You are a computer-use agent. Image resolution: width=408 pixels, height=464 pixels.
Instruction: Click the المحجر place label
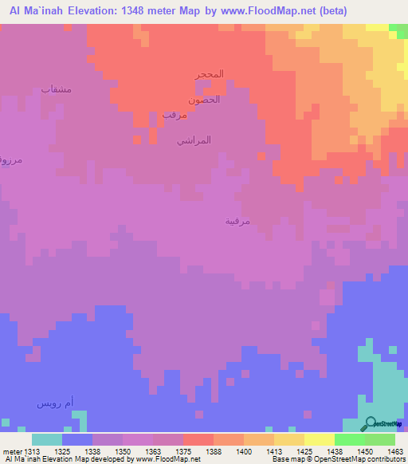pyautogui.click(x=210, y=74)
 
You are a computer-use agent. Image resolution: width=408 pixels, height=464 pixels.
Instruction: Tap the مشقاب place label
pyautogui.click(x=57, y=89)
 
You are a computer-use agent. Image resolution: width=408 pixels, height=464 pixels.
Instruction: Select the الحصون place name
pyautogui.click(x=204, y=100)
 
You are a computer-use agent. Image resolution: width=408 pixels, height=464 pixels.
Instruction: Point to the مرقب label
pyautogui.click(x=175, y=115)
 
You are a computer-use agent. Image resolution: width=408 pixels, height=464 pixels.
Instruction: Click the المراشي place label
pyautogui.click(x=194, y=140)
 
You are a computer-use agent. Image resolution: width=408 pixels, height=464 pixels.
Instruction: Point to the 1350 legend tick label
pyautogui.click(x=122, y=451)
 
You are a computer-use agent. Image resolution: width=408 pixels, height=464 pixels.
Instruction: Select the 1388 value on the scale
pyautogui.click(x=213, y=451)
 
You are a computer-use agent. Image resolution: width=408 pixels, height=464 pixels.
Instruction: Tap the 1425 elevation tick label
pyautogui.click(x=304, y=451)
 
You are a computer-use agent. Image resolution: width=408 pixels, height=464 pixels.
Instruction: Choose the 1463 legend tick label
pyautogui.click(x=394, y=451)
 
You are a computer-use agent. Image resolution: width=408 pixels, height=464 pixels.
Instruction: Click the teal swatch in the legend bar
pyautogui.click(x=46, y=439)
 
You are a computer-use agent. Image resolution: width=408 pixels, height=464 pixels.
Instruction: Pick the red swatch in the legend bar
pyautogui.click(x=198, y=439)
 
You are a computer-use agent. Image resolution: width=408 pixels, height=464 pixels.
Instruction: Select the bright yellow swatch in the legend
pyautogui.click(x=319, y=439)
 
